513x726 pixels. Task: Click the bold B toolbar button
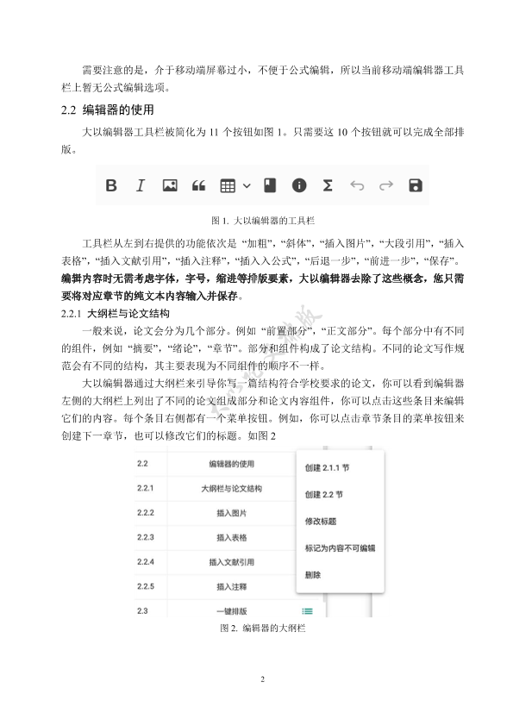point(111,185)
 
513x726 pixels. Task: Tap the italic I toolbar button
point(141,185)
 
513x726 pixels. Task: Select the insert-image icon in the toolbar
point(170,185)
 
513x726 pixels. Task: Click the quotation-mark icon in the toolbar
point(198,185)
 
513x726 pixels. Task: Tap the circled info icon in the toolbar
point(299,185)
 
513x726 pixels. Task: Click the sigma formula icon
point(328,185)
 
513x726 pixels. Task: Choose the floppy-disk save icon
point(415,185)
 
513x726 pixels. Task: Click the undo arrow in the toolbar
point(357,185)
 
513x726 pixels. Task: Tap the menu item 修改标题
point(321,521)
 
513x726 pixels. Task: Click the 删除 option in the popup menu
point(313,574)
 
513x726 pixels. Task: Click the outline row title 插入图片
point(231,513)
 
